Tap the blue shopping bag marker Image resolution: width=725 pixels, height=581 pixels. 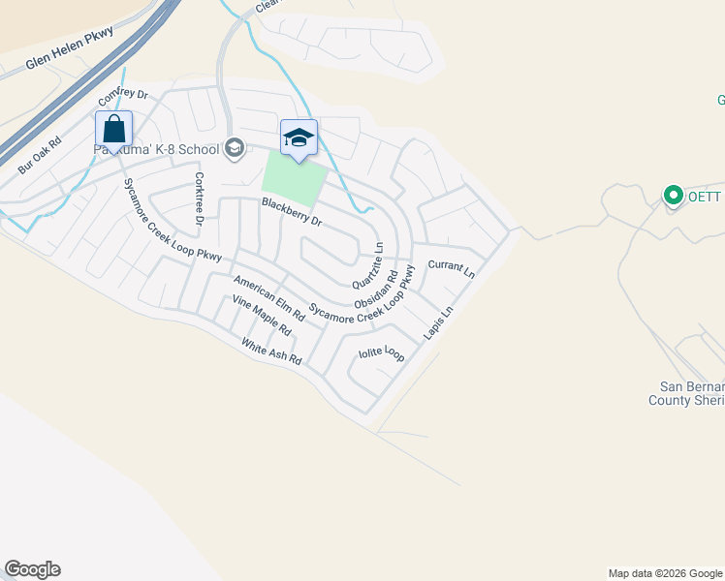(113, 129)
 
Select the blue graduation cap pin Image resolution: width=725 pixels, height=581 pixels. (299, 138)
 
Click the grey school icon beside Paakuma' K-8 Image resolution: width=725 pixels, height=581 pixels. (233, 148)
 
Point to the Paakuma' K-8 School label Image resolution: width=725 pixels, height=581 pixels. (155, 149)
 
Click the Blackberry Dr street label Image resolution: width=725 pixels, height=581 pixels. (291, 212)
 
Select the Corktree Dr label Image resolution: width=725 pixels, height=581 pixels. (200, 199)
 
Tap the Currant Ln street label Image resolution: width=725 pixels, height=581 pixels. (451, 268)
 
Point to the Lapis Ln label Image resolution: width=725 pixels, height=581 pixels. (438, 324)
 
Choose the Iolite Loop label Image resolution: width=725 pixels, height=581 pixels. (381, 352)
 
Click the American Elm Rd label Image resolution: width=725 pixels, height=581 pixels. (269, 296)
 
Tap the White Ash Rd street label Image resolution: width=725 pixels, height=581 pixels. (271, 351)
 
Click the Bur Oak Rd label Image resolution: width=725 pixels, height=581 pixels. (39, 155)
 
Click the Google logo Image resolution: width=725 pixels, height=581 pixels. (32, 569)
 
